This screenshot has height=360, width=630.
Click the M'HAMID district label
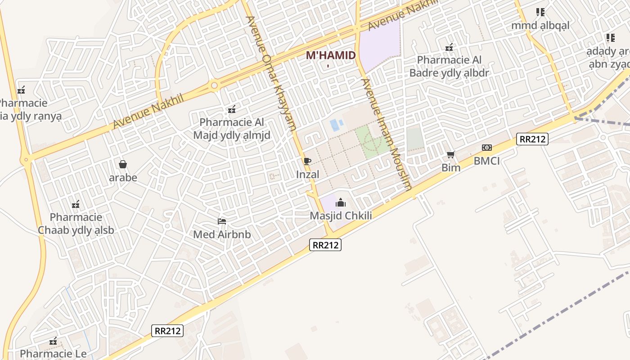tap(331, 56)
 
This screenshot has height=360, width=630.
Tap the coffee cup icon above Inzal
tap(307, 162)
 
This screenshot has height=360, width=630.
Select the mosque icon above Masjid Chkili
tap(341, 202)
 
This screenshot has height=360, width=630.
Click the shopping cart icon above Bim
tap(450, 155)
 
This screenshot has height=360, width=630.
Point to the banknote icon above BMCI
tap(486, 148)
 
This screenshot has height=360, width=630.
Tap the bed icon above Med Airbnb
tap(222, 221)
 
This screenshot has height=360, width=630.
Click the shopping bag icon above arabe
tap(123, 164)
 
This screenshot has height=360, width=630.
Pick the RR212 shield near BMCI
tap(532, 139)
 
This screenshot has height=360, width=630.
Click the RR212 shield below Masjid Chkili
tap(326, 245)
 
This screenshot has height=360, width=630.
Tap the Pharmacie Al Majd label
tap(232, 128)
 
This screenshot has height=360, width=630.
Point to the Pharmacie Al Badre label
tap(449, 66)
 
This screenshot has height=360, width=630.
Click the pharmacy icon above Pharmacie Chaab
tap(76, 204)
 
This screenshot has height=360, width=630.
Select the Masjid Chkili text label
tap(341, 216)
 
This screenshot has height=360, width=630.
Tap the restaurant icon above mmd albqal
tap(540, 12)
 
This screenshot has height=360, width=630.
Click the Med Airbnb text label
tap(222, 234)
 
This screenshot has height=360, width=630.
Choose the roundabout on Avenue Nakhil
tap(214, 85)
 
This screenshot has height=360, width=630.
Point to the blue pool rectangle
tap(335, 125)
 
